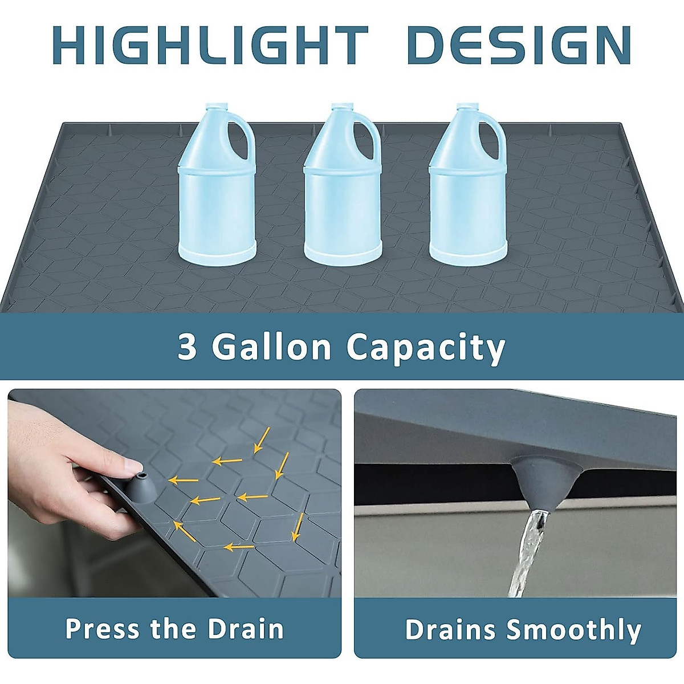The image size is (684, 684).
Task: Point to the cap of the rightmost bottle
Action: pos(467,107)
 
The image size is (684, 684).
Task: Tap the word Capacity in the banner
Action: pos(426,347)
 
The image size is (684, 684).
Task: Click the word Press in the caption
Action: pos(102,629)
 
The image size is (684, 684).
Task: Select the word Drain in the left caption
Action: pos(246,629)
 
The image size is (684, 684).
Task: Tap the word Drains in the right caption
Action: pos(450,630)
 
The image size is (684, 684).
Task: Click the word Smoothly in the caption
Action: pos(573,630)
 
